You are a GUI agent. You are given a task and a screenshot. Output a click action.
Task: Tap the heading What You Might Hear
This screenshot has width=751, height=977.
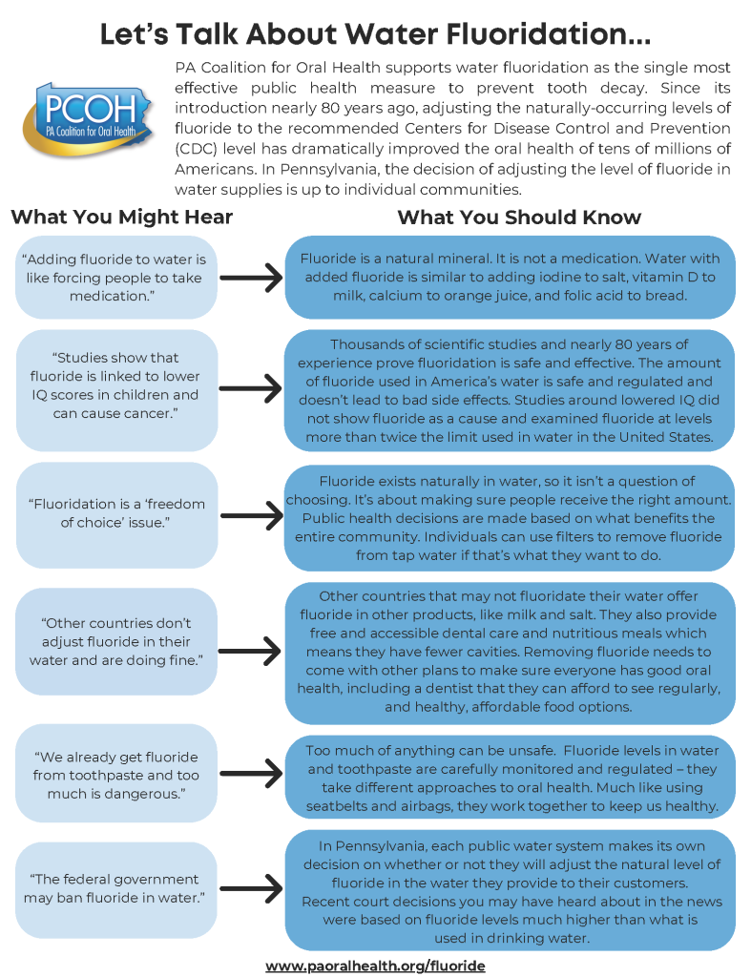(121, 217)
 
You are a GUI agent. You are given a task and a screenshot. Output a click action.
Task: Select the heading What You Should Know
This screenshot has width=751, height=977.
(519, 217)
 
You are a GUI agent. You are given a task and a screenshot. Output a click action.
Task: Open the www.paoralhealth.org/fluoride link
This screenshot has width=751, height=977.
(375, 966)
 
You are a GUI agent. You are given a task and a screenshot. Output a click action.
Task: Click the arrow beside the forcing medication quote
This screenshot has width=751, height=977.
(250, 278)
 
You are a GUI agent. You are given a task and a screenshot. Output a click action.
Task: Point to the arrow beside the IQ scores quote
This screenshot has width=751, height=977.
(250, 390)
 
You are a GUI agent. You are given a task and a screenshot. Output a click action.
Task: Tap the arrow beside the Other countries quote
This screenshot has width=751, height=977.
(250, 651)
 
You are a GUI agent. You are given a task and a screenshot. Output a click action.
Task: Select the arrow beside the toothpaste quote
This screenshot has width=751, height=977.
(250, 774)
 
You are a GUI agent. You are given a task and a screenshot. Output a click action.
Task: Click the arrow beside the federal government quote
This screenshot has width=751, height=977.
(250, 888)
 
